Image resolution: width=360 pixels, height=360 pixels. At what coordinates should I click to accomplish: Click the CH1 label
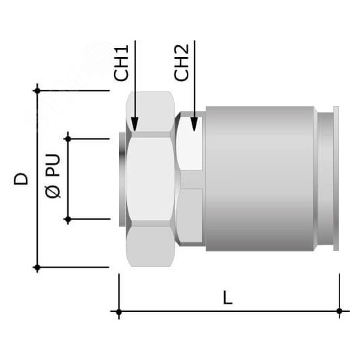121,63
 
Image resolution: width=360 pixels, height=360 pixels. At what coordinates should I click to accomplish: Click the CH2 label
181,63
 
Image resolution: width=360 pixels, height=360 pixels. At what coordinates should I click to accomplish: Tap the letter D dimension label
21,179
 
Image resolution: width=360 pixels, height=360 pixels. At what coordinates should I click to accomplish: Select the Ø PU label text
53,176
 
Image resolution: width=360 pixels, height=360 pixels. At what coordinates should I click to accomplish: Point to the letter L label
228,297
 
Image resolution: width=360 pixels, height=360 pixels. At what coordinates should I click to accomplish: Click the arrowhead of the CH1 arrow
135,124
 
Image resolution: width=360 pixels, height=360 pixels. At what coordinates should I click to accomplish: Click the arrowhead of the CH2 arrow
194,124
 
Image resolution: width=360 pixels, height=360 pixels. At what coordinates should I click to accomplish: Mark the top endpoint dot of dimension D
37,91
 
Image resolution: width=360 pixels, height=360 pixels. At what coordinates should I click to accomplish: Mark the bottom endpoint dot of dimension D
37,267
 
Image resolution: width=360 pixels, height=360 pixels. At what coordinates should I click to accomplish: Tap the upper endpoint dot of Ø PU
68,139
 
